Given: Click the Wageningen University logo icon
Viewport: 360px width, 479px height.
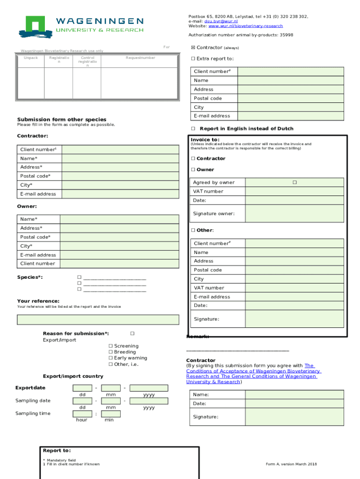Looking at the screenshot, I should (35, 27).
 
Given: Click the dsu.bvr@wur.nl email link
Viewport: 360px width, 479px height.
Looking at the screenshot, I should (221, 21).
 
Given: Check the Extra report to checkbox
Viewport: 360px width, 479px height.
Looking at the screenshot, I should (193, 59).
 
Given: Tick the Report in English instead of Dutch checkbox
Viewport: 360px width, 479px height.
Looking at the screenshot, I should (193, 129).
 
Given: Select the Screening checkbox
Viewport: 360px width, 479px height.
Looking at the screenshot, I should (111, 346).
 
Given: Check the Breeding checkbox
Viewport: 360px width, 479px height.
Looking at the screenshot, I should (111, 352).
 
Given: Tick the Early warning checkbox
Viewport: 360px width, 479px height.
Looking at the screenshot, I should (111, 358).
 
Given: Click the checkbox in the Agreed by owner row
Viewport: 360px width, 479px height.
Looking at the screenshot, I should (295, 182).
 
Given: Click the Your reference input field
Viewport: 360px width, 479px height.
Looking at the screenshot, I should (98, 320).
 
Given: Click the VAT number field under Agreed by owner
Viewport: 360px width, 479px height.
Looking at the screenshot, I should (294, 191).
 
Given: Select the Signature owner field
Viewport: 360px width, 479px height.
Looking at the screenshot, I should (294, 213).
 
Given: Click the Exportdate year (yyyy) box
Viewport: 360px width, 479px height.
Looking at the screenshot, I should (149, 388).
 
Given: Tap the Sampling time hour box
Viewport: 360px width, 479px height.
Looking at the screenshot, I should (82, 414).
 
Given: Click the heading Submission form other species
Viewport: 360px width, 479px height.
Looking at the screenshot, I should (62, 119).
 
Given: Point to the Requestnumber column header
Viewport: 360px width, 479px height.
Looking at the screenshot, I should (140, 58).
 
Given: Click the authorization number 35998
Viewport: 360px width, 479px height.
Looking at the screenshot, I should (286, 35).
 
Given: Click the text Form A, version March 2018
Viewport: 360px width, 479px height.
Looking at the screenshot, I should (291, 464).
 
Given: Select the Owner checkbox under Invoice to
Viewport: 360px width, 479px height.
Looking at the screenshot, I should (193, 170).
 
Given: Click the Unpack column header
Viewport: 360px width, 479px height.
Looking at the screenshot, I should (31, 58).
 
